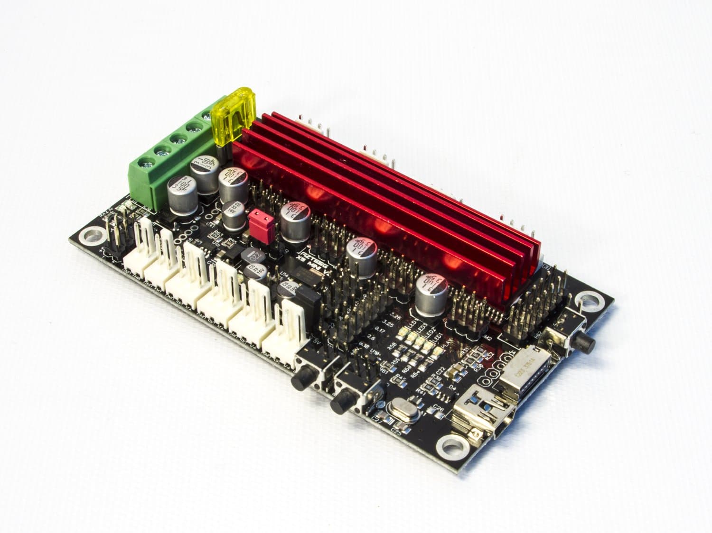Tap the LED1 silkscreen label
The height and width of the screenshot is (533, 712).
tap(435, 337)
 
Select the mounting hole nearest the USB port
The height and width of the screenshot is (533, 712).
tap(448, 445)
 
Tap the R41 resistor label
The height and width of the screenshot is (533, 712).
tap(421, 392)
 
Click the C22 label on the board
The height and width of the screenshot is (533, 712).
tap(440, 370)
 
